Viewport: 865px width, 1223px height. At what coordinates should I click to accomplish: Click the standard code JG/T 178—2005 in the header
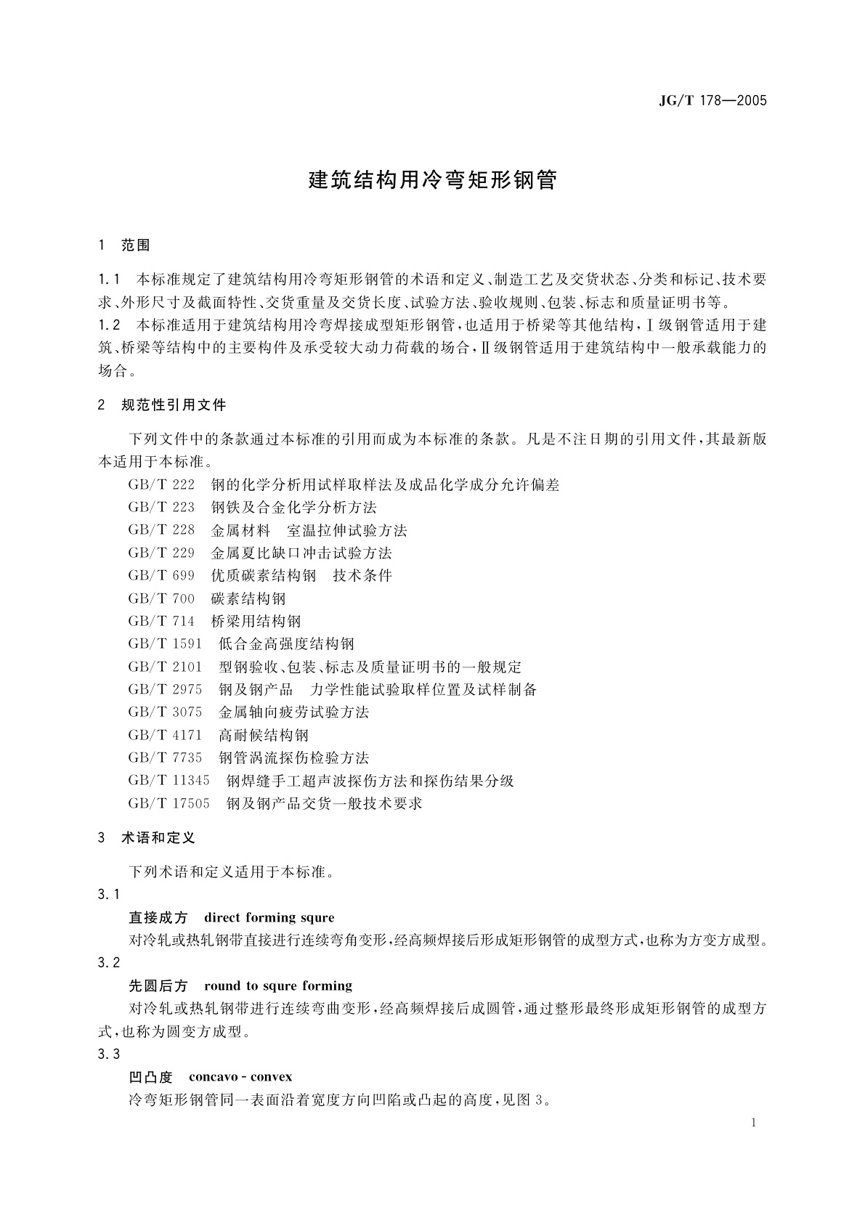712,101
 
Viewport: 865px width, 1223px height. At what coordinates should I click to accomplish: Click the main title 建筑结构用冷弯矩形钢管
433,180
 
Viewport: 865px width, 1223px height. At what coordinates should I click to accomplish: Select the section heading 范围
135,245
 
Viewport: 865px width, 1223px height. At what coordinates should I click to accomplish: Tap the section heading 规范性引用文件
174,405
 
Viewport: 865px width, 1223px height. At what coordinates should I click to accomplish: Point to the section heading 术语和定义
158,837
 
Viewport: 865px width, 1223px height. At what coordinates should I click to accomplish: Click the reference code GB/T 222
161,484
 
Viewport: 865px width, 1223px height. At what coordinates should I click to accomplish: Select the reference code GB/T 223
161,507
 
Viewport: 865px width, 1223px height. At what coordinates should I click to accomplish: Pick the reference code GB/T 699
161,575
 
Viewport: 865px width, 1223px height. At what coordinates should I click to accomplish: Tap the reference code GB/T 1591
165,643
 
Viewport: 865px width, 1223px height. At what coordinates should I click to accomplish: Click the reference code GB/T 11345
168,781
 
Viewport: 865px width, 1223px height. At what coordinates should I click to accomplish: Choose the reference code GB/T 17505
168,803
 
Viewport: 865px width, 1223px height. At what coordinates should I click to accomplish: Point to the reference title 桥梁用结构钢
256,621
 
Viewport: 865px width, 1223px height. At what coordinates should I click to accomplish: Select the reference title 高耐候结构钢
264,735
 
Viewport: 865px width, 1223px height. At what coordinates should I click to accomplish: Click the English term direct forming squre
269,917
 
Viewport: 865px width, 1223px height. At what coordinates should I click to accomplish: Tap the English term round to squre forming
278,986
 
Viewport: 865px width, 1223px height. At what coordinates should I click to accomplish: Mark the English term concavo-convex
240,1076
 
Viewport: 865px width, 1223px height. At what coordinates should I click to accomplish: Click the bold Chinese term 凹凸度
150,1076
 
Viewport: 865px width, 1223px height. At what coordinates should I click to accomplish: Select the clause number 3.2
109,962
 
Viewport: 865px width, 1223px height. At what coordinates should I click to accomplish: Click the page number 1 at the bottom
754,1123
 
